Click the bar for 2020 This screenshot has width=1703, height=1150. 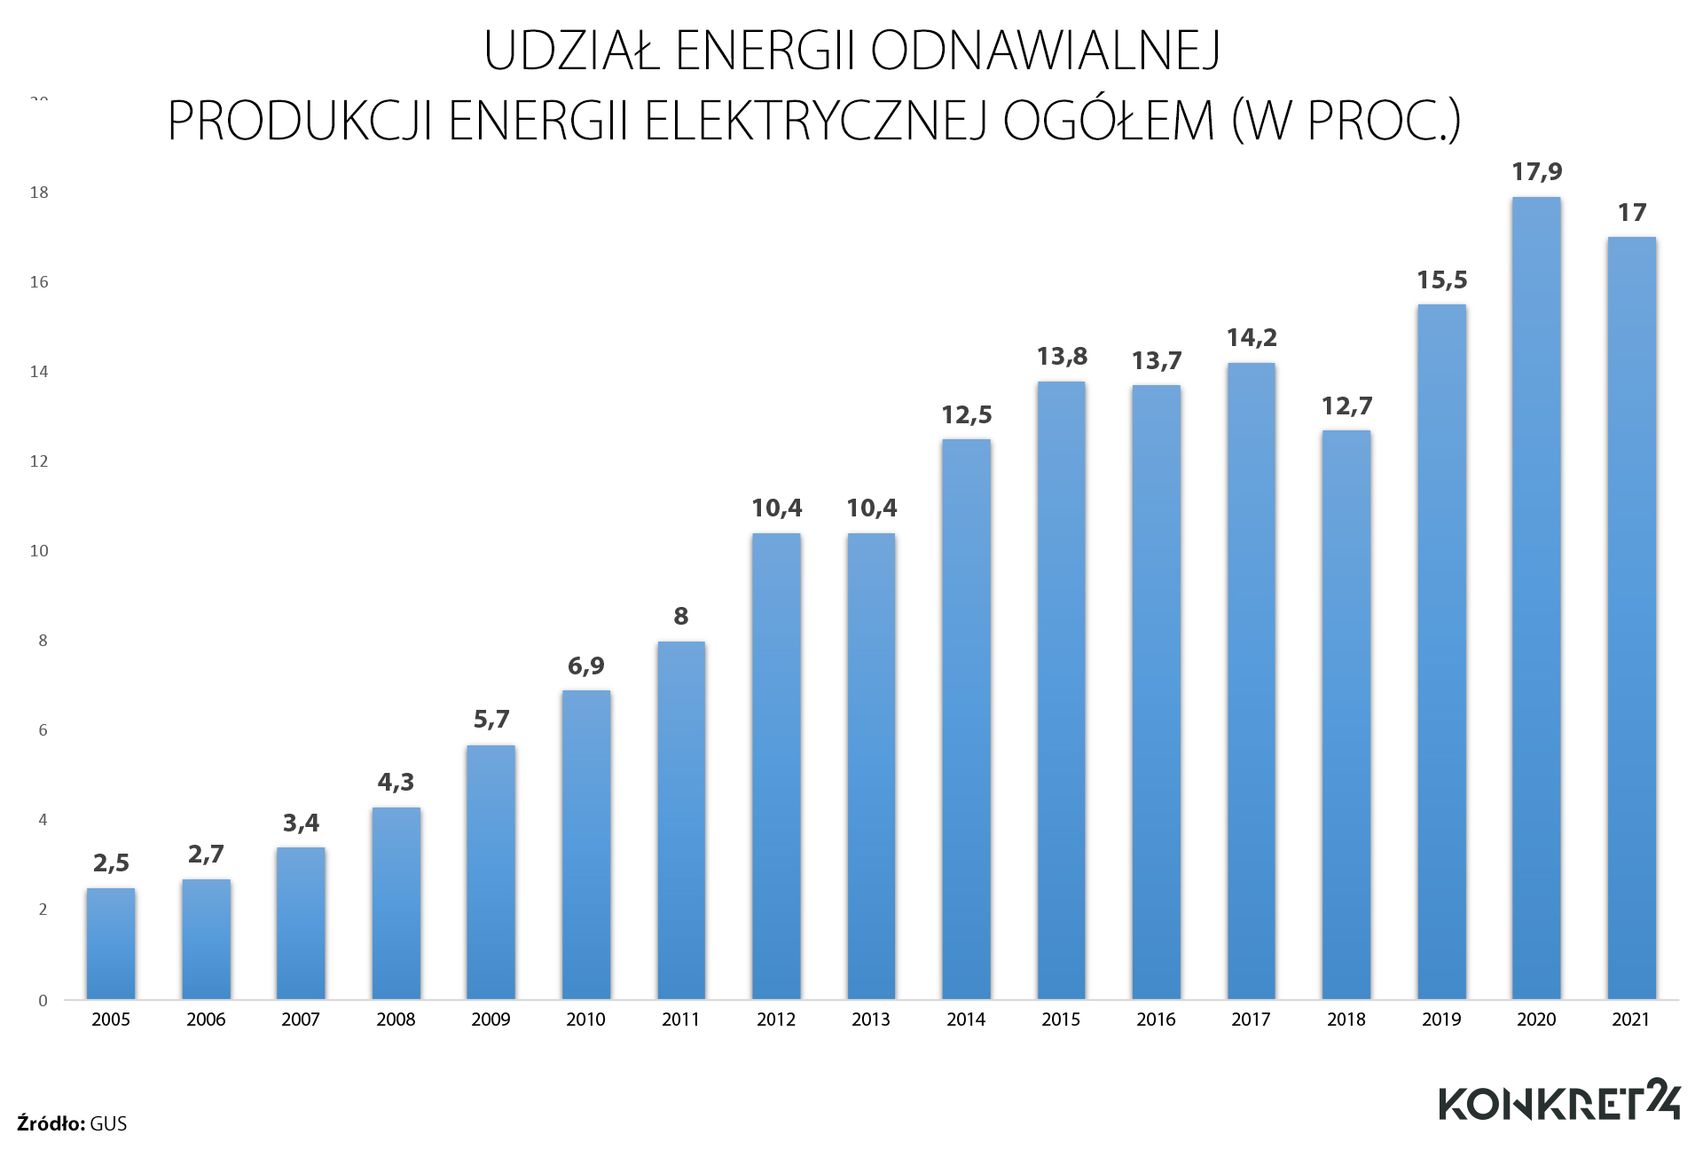pos(1536,599)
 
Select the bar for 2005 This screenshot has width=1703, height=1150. pos(111,943)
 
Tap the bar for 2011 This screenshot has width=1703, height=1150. pos(681,821)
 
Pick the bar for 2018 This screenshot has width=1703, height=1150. pos(1346,715)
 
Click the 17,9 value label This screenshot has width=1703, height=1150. pos(1537,171)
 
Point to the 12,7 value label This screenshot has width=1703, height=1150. pos(1346,406)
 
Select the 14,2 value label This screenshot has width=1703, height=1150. pos(1252,337)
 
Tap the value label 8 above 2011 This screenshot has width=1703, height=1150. pos(681,616)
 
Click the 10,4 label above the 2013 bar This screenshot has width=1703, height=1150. pos(871,508)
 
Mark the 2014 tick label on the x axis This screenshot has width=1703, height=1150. pos(966,1020)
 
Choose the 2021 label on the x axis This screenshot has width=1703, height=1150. pos(1630,1020)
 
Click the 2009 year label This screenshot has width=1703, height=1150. pos(490,1020)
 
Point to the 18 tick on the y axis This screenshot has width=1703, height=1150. pos(39,193)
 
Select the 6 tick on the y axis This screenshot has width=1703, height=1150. pos(43,730)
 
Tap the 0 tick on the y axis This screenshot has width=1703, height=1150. pos(43,1000)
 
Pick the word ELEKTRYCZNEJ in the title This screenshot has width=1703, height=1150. pos(815,121)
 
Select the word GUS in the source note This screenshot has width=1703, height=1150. pos(108,1123)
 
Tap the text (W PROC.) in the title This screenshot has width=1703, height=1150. pos(1346,121)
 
